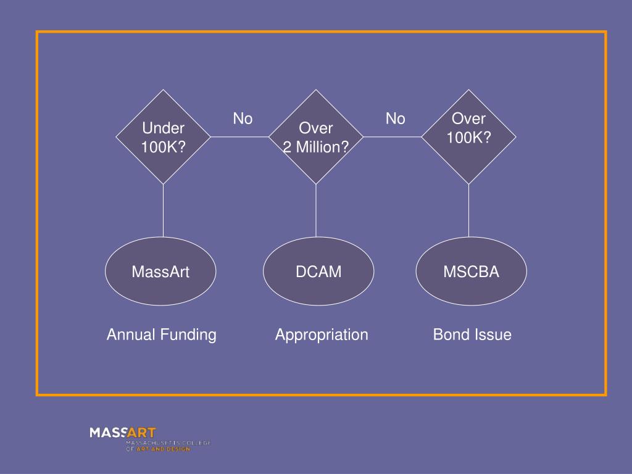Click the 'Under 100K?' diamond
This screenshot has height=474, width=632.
[x=163, y=137]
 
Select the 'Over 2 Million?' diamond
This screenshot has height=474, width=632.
[x=316, y=137]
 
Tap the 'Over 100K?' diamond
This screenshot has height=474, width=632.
[x=468, y=136]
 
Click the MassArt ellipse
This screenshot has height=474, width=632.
[x=160, y=272]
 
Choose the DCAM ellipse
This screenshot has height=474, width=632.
[x=318, y=272]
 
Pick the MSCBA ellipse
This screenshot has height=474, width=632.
[x=471, y=272]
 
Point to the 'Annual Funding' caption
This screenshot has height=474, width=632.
[x=161, y=335]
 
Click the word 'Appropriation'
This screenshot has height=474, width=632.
[x=322, y=335]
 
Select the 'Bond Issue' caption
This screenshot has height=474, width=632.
[x=472, y=335]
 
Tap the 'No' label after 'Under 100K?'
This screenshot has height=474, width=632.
[x=243, y=118]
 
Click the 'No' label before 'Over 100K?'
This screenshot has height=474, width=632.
[x=395, y=118]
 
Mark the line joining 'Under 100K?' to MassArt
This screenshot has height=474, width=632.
[x=164, y=210]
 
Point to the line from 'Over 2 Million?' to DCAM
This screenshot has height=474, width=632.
[x=316, y=210]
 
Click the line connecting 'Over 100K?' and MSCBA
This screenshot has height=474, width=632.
[x=468, y=210]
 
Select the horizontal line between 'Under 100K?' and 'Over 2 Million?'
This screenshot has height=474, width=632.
[x=239, y=137]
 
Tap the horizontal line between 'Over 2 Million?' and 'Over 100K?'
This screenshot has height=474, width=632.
[x=392, y=137]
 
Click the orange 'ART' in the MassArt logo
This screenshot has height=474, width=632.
[x=141, y=433]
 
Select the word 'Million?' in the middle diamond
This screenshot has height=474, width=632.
[x=324, y=148]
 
